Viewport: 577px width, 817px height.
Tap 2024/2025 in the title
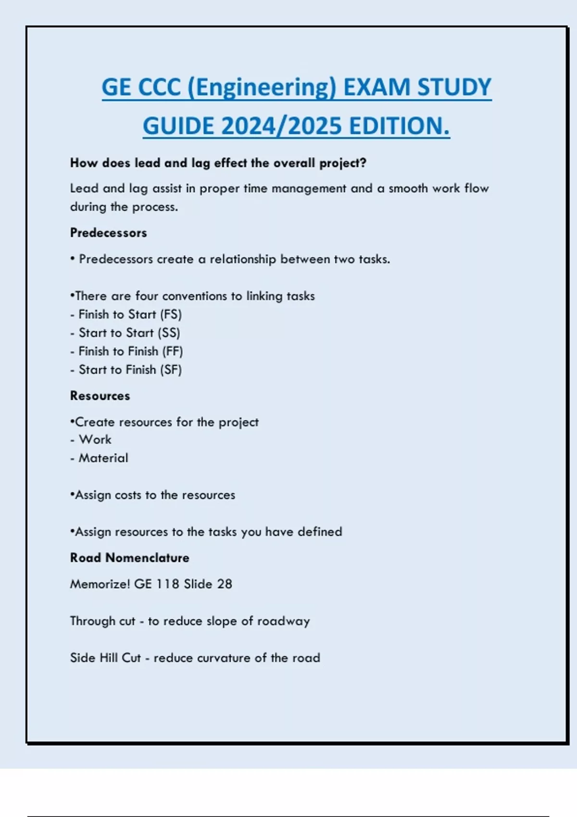coord(282,126)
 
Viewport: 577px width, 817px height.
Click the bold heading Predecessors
coord(109,233)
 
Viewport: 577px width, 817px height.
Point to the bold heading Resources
coord(100,396)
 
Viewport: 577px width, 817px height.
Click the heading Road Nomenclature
coord(130,558)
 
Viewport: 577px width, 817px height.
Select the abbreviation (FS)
coord(171,315)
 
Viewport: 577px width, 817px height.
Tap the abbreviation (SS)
coord(169,333)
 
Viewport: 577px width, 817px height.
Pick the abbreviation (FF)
coord(173,351)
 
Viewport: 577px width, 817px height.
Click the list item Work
coord(95,440)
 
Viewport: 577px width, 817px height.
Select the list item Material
coord(103,458)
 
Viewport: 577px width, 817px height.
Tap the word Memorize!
coord(100,584)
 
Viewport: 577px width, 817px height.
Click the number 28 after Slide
coord(225,584)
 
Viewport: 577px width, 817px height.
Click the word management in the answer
coord(309,189)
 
